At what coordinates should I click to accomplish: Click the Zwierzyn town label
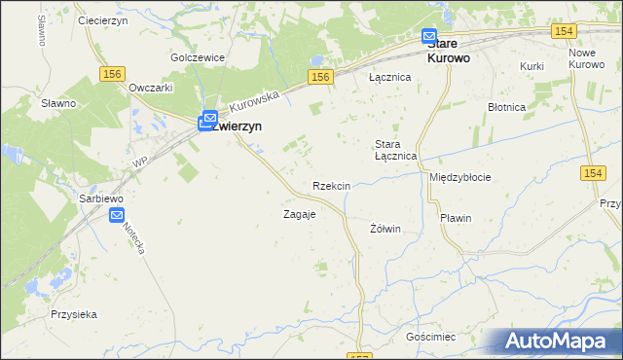tap(240, 126)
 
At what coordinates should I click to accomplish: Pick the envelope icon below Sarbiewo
tap(117, 216)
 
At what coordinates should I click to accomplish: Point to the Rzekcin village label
tap(331, 186)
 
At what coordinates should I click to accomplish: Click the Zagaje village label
tap(299, 214)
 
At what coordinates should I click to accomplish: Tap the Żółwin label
tap(385, 229)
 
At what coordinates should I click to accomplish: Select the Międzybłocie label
tap(460, 178)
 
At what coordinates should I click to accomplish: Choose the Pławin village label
tap(455, 218)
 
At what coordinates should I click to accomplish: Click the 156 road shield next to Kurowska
tap(320, 76)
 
